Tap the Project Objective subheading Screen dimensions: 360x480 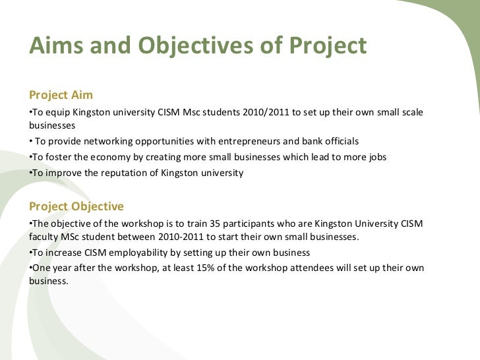click(76, 206)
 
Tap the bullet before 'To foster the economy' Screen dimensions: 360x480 click(32, 158)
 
